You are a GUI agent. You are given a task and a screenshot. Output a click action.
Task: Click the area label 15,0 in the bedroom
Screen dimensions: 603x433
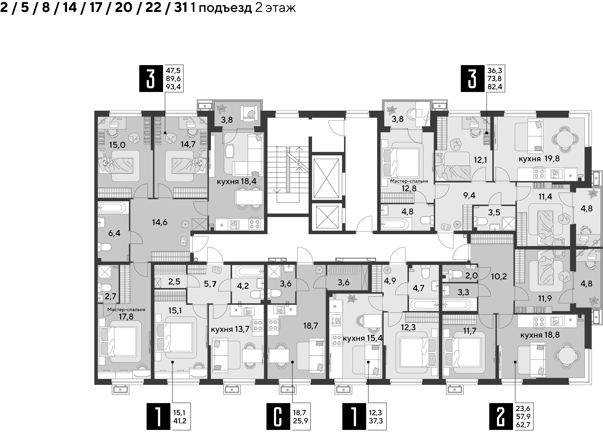coord(117,145)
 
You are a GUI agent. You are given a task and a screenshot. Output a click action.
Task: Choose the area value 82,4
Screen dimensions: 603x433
coord(494,87)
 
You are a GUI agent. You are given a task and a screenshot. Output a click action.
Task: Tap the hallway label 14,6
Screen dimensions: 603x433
coord(159,222)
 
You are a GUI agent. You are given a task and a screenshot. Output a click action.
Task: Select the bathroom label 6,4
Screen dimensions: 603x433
coord(114,233)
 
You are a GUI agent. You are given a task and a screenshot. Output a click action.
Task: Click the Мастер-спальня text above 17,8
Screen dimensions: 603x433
coord(126,309)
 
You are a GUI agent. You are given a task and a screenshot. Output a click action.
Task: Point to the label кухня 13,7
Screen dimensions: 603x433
coord(230,329)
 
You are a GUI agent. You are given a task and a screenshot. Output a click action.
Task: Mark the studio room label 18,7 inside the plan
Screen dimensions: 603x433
coord(311,325)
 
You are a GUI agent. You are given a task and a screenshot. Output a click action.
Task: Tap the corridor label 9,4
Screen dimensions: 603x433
coord(469,195)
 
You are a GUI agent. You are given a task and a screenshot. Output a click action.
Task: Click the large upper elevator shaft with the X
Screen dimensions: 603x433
coord(327,178)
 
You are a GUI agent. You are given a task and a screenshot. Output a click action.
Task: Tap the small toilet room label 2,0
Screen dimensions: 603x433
coord(471,276)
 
